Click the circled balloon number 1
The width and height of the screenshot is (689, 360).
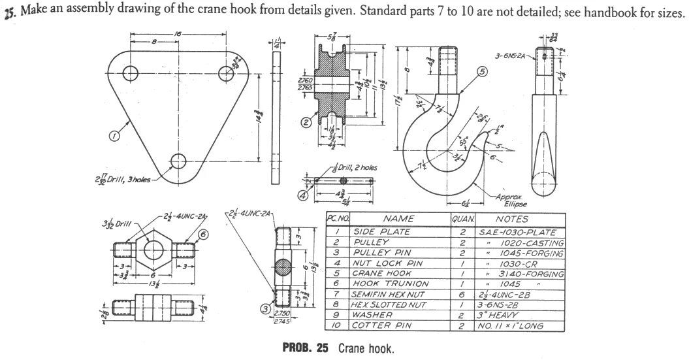[x=114, y=137]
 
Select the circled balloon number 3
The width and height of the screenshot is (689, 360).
[x=266, y=308]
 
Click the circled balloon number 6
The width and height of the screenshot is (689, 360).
[x=204, y=235]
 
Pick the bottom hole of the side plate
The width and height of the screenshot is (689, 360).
[x=177, y=159]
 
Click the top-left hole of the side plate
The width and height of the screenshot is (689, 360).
[x=129, y=72]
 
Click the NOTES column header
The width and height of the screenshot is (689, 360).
[x=512, y=220]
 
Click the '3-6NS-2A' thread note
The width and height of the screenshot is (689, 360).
[x=513, y=57]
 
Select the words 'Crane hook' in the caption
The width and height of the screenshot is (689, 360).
[x=366, y=348]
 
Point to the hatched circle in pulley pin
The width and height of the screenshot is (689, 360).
[x=285, y=268]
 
